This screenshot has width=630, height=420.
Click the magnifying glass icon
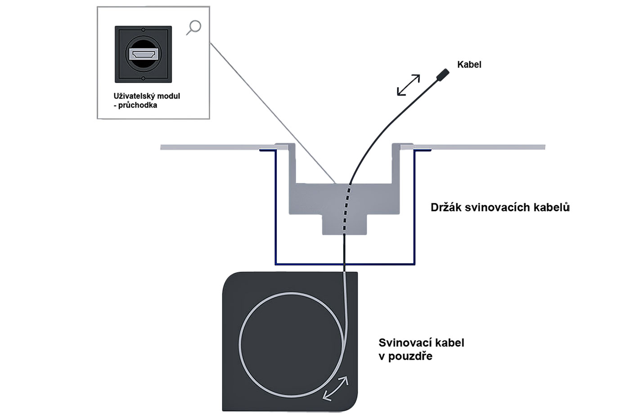point(194,27)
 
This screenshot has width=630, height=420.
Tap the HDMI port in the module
point(143,54)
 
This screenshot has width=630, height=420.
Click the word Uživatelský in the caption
point(134,96)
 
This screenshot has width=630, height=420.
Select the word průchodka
point(138,105)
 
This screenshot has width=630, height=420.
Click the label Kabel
point(469,64)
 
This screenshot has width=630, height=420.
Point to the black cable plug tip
point(443,74)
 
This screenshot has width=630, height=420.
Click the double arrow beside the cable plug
point(408,85)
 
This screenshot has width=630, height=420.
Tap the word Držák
point(445,207)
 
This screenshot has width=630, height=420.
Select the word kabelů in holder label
point(551,207)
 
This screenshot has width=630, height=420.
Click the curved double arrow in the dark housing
point(336,388)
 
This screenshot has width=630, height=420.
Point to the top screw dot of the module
point(143,29)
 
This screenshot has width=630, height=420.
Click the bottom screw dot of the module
point(143,79)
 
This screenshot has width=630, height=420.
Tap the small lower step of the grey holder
point(344,225)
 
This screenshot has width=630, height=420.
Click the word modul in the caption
point(169,96)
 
